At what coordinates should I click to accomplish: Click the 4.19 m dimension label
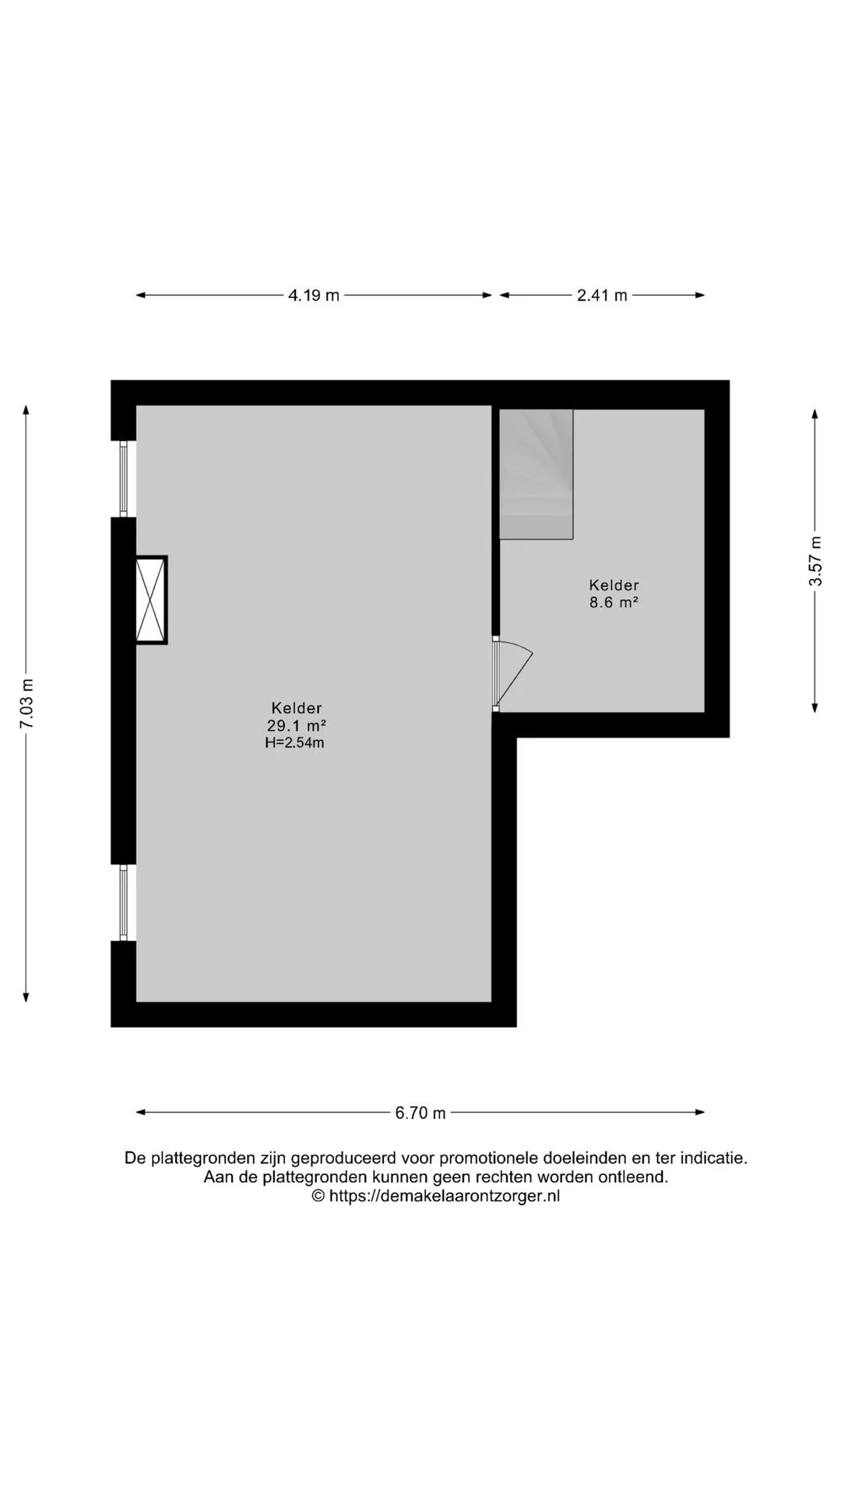pos(314,296)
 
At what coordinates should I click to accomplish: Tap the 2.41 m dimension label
pos(602,296)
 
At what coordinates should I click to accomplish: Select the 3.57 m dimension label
pos(815,561)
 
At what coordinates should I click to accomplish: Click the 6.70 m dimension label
pos(420,1113)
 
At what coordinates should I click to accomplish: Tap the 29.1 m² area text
pos(296,725)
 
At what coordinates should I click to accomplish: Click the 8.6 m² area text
pos(614,602)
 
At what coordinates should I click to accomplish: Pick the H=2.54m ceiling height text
pos(294,743)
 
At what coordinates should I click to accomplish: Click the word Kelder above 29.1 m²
pos(297,708)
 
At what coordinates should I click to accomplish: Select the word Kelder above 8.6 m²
pos(614,585)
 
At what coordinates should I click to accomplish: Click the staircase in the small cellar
pos(536,474)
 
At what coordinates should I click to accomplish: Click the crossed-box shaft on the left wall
pos(151,600)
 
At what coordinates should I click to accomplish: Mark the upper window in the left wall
pos(124,479)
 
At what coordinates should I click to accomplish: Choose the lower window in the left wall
pos(124,903)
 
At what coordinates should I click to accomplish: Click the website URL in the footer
pos(445,1196)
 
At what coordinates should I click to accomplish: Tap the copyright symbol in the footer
pos(318,1196)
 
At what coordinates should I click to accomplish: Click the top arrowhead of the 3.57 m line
pos(815,414)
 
